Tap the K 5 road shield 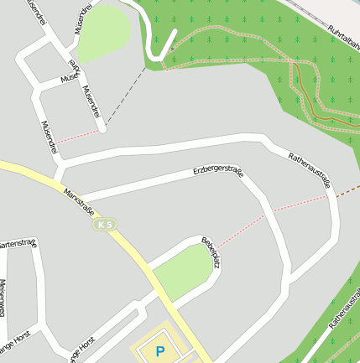(x=104, y=225)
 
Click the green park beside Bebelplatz (x=184, y=269)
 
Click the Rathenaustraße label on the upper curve (x=310, y=169)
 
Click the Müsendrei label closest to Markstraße (x=49, y=137)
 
